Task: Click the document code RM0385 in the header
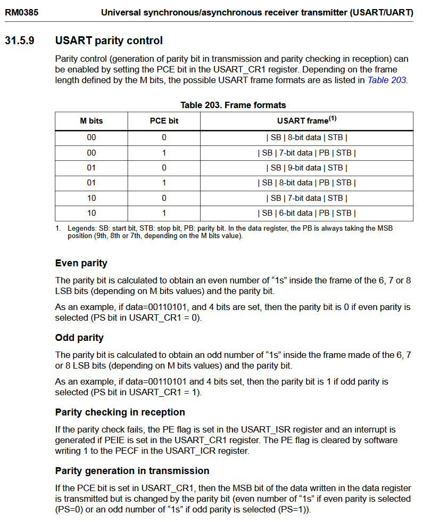[x=21, y=12]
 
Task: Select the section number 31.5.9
[x=20, y=40]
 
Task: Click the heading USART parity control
[x=109, y=40]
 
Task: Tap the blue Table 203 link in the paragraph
[x=387, y=80]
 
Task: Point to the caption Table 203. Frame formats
[x=233, y=105]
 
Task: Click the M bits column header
[x=92, y=121]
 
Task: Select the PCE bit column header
[x=164, y=121]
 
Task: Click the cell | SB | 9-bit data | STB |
[x=306, y=168]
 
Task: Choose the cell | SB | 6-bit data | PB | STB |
[x=306, y=213]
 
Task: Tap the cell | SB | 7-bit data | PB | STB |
[x=306, y=153]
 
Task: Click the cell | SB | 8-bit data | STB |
[x=306, y=137]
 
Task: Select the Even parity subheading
[x=81, y=263]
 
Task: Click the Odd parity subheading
[x=79, y=338]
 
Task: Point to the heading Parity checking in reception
[x=120, y=412]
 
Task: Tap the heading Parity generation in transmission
[x=132, y=471]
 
